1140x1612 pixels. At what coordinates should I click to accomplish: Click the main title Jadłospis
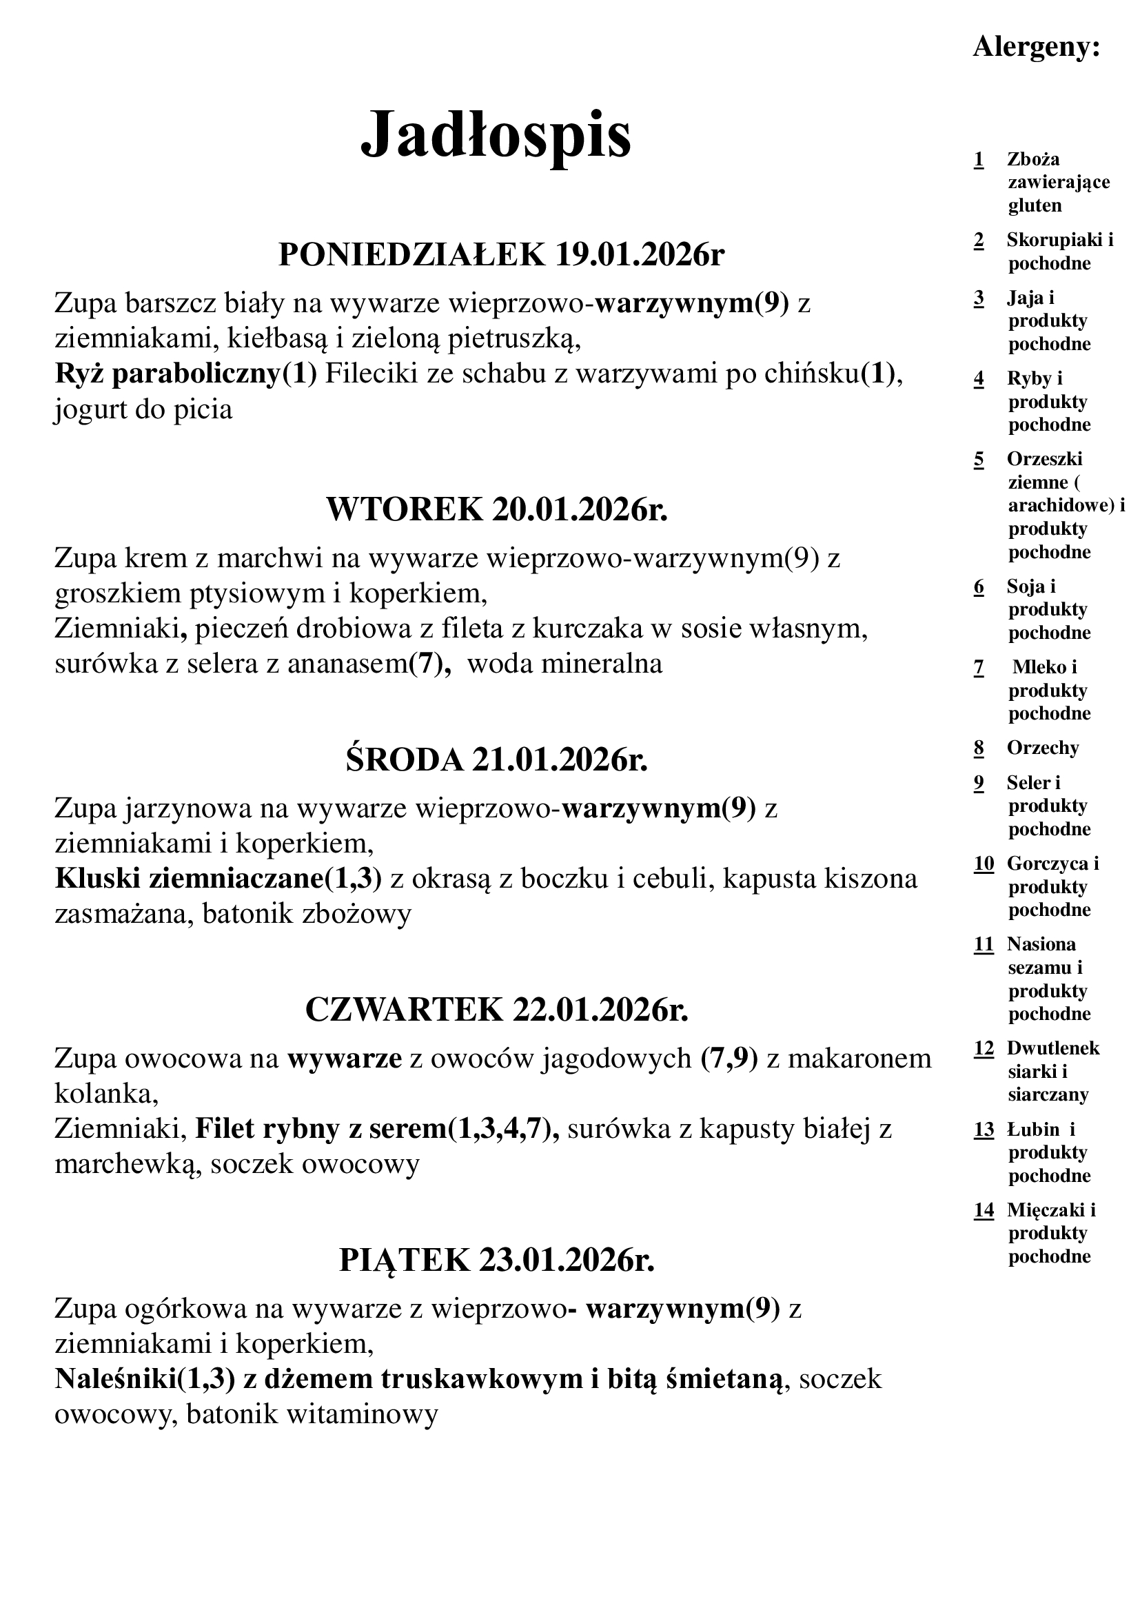[x=496, y=134]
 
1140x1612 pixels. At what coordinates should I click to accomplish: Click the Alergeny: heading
[x=1036, y=47]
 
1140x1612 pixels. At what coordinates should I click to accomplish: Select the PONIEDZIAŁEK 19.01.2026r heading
[x=501, y=254]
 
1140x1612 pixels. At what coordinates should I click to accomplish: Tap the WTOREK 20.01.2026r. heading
[x=497, y=509]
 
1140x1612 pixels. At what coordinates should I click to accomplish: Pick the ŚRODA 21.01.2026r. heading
[x=496, y=759]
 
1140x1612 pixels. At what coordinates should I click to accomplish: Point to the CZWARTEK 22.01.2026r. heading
[x=497, y=1009]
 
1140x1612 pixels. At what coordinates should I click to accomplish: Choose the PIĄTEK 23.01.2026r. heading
[x=496, y=1260]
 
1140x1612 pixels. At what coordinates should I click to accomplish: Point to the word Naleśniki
[x=115, y=1378]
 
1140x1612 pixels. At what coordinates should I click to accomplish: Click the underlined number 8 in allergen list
[x=979, y=748]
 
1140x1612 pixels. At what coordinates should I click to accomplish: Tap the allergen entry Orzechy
[x=1042, y=748]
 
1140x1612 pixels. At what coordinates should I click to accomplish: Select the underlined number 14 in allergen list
[x=984, y=1209]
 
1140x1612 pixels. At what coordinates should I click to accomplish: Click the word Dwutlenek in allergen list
[x=1053, y=1048]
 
